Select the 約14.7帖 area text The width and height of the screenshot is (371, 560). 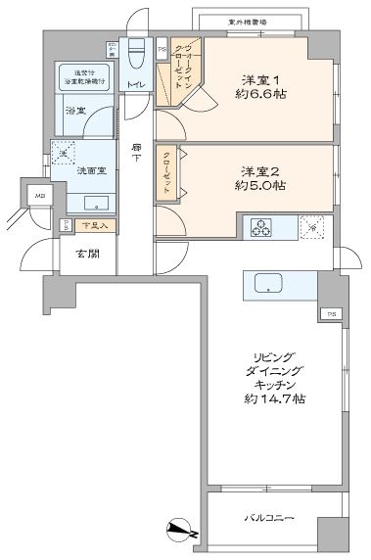pyautogui.click(x=263, y=398)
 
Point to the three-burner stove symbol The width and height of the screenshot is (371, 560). pyautogui.click(x=262, y=227)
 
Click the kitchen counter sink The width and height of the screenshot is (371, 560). pyautogui.click(x=268, y=285)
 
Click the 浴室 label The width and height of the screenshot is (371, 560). pyautogui.click(x=75, y=109)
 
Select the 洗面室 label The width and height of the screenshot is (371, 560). pyautogui.click(x=92, y=169)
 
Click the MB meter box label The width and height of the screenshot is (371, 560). pyautogui.click(x=40, y=196)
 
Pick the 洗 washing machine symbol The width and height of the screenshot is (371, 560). pyautogui.click(x=63, y=154)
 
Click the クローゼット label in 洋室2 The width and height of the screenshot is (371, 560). pyautogui.click(x=169, y=172)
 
